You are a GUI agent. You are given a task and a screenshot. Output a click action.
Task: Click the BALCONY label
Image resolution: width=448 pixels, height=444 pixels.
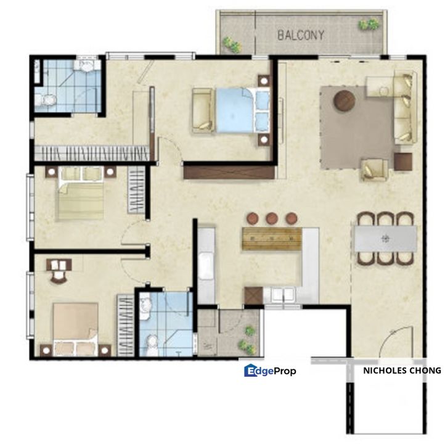(x=300, y=35)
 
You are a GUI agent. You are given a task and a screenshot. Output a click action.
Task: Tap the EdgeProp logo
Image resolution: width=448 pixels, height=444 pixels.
(x=270, y=371)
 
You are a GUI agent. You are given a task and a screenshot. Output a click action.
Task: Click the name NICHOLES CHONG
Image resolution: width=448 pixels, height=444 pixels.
(x=402, y=371)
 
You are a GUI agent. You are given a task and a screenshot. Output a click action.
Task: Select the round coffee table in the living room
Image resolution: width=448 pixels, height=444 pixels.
(x=345, y=100)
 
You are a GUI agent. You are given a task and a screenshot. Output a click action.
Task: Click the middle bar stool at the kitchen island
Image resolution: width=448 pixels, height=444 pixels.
(x=272, y=218)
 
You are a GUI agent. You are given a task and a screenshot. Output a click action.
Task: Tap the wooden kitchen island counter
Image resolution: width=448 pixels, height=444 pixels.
(x=272, y=239)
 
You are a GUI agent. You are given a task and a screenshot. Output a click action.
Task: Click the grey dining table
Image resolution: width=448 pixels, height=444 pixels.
(x=385, y=238)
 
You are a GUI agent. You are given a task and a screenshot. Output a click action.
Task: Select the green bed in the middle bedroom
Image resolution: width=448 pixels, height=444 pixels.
(x=81, y=197)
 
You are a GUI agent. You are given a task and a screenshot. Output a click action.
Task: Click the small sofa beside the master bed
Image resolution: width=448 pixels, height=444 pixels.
(x=202, y=110)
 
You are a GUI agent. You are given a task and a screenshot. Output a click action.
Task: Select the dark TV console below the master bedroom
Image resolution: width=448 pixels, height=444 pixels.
(x=229, y=170)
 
